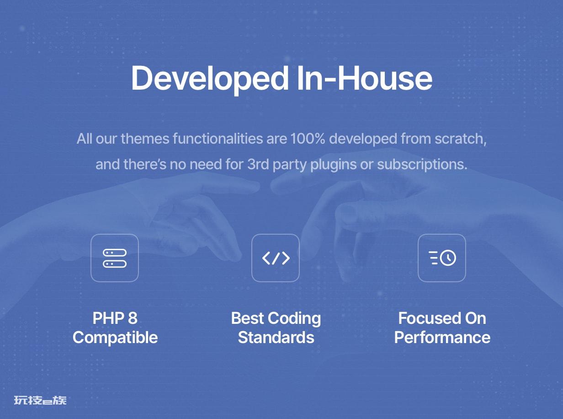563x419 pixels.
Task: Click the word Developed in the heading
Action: point(210,79)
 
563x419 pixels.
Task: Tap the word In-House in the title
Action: point(365,77)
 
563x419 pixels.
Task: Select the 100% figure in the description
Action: point(308,139)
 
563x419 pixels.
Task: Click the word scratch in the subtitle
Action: point(461,139)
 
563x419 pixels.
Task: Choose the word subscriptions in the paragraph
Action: point(422,165)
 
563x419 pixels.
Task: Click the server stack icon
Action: point(115,258)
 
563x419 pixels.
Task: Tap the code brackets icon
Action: point(276,258)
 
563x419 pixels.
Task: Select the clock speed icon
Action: point(442,258)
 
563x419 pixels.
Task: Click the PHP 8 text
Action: point(115,318)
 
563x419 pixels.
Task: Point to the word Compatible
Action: point(115,338)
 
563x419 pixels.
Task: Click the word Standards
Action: point(276,338)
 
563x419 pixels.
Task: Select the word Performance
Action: point(442,338)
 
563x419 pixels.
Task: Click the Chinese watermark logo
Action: point(40,400)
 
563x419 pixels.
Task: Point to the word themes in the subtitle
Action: point(145,139)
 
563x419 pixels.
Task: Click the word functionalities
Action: point(218,139)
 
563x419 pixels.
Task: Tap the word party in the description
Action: point(289,165)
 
